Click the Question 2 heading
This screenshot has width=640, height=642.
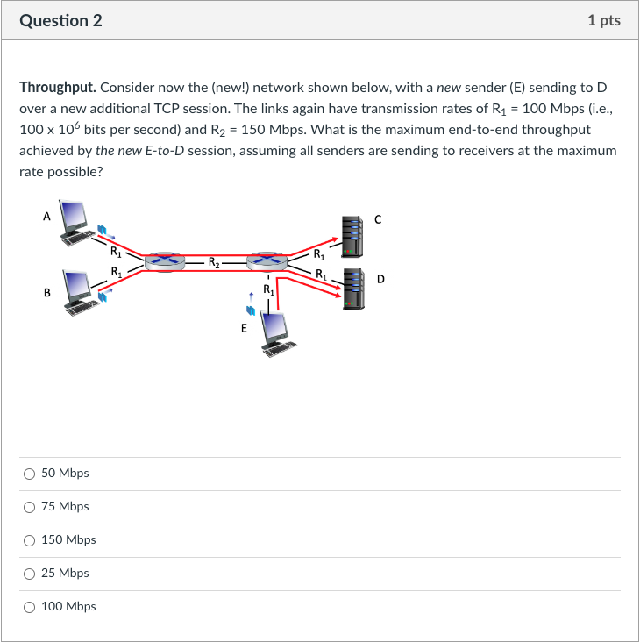(x=60, y=20)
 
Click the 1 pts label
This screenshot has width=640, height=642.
(x=603, y=20)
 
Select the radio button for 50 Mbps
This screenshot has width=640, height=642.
(x=30, y=474)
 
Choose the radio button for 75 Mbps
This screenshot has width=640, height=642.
(x=30, y=507)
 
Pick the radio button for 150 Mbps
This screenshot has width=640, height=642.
(x=30, y=540)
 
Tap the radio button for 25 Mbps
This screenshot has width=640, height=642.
(x=30, y=574)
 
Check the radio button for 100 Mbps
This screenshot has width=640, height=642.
(x=30, y=607)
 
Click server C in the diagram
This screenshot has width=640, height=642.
(x=351, y=232)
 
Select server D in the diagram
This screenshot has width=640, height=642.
(x=352, y=289)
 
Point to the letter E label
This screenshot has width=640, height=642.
(x=244, y=329)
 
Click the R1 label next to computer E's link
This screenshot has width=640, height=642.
(x=268, y=289)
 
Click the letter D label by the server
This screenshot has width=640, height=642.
(x=380, y=279)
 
